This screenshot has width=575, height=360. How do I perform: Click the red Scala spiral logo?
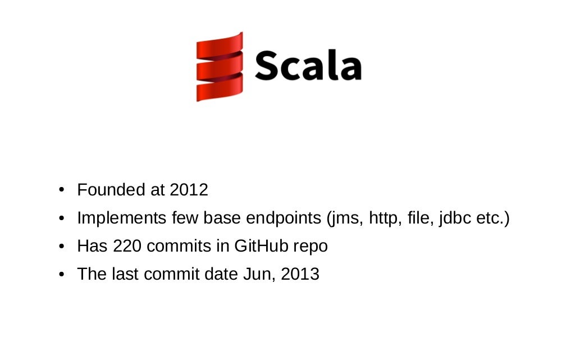[x=220, y=67]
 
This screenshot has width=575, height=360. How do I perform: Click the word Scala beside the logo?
[x=308, y=66]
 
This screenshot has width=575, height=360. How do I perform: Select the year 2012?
[x=189, y=190]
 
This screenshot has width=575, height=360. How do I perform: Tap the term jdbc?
[x=455, y=218]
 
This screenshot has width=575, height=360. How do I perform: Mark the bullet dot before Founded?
[x=63, y=190]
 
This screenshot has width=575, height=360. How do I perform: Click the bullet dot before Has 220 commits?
[x=63, y=246]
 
